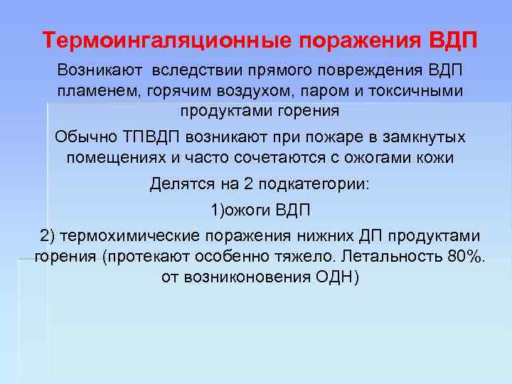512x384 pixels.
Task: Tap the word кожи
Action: (439, 157)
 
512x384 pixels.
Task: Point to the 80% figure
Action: (466, 256)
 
